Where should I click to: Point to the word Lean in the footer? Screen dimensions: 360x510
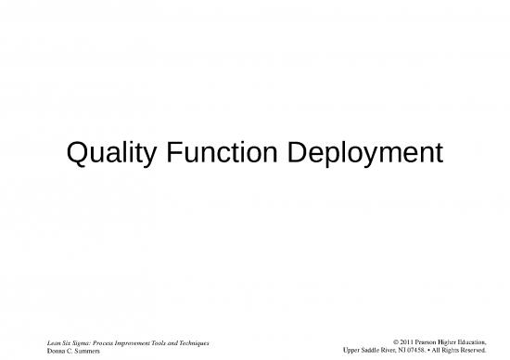point(54,344)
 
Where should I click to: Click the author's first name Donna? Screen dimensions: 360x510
point(56,353)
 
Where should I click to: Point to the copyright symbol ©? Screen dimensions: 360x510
point(397,344)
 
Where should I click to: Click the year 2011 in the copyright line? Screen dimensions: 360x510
point(410,344)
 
